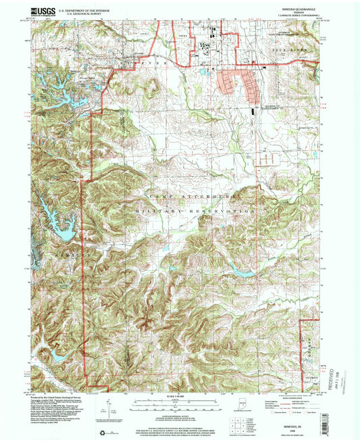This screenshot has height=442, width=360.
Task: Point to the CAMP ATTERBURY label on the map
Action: click(x=178, y=195)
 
